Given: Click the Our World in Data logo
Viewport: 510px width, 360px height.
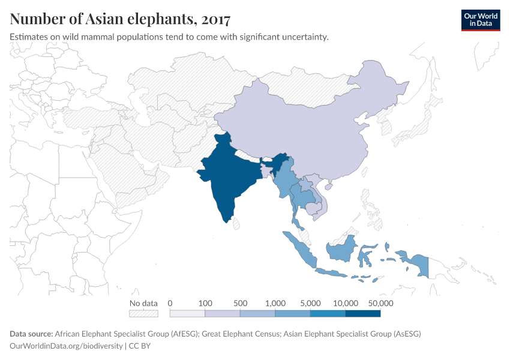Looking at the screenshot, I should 480,20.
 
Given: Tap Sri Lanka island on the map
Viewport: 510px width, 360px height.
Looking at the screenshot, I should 236,224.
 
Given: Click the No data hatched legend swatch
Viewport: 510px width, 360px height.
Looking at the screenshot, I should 143,313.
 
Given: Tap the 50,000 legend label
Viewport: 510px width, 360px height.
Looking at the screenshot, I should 380,303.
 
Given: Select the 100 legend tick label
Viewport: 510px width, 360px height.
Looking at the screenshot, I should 205,303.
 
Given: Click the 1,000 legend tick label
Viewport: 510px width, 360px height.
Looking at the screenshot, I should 275,303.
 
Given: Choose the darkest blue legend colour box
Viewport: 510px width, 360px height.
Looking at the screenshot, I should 363,313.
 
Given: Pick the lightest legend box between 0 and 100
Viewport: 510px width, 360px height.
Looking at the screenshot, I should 187,313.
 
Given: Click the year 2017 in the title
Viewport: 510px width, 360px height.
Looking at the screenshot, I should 216,19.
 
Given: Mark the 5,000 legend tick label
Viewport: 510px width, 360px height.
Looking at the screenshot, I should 310,303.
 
